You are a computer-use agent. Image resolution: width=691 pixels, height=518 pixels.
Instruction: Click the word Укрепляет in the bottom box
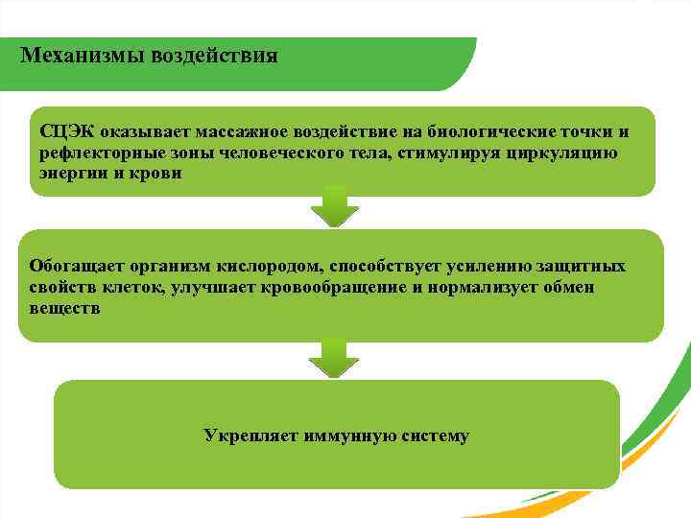pos(250,436)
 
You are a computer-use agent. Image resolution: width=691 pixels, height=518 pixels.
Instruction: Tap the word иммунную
pos(344,436)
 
